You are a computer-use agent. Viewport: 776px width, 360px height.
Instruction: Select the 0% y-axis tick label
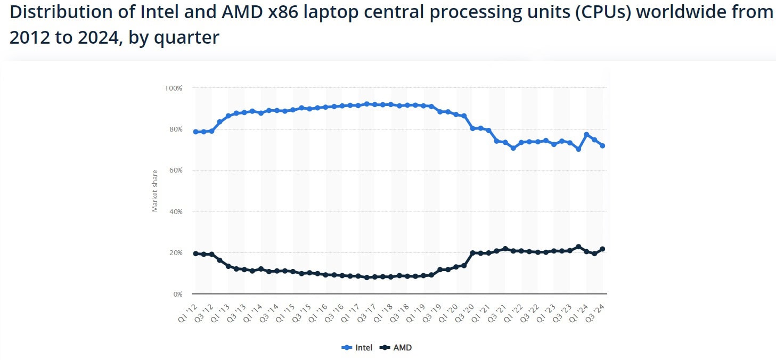pos(177,294)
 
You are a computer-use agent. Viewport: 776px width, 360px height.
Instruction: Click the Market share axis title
pos(155,191)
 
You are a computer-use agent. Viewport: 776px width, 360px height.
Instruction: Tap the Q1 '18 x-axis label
pos(383,311)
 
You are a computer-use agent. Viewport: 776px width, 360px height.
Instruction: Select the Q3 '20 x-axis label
pos(465,311)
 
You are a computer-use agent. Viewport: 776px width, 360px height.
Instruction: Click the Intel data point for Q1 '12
pos(195,132)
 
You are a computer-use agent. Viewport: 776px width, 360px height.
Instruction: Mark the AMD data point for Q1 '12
pos(195,253)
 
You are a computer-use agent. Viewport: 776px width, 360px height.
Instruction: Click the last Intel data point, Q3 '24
pos(602,145)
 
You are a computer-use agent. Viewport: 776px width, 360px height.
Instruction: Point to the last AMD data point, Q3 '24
pos(602,249)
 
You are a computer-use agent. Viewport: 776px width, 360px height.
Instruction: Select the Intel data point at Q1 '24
pos(586,135)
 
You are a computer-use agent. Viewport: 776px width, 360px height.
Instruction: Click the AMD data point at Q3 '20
pos(472,253)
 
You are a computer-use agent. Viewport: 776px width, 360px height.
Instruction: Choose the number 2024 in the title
pos(88,37)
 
